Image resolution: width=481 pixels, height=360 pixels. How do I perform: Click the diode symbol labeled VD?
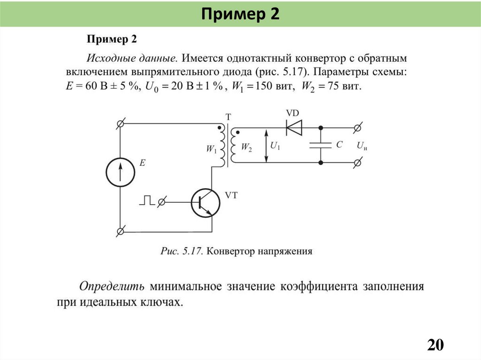tap(295, 127)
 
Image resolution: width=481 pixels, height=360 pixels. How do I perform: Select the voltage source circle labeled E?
tap(120, 172)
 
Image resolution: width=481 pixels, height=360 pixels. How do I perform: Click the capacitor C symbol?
tap(321, 145)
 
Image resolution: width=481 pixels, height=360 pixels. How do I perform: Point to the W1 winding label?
tap(211, 149)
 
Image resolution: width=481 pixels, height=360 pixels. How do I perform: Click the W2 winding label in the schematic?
tap(246, 147)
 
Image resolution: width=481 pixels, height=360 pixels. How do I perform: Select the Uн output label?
tap(362, 146)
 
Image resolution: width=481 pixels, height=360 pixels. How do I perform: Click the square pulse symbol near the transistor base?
tap(147, 200)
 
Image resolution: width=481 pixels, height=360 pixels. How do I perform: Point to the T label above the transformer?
tap(228, 117)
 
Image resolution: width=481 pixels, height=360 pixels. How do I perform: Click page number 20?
tap(435, 345)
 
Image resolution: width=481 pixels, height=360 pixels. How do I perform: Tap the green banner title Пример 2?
tap(240, 14)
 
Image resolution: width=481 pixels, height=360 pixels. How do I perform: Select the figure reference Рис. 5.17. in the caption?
tap(181, 251)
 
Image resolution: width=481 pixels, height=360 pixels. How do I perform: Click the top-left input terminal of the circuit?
tap(120, 123)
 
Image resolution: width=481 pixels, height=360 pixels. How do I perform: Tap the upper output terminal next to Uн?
tap(357, 127)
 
